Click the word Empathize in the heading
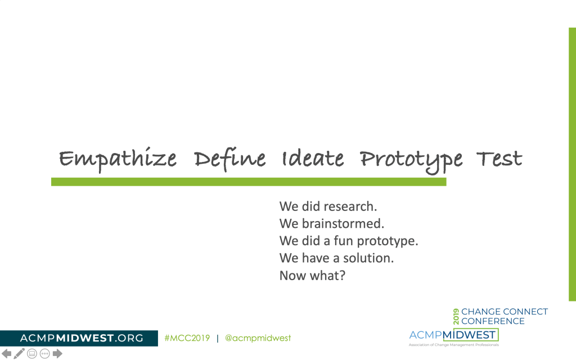point(118,159)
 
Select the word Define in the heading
point(229,159)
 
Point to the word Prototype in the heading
point(411,161)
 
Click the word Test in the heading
point(499,159)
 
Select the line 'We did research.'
point(328,206)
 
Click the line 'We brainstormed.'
point(332,224)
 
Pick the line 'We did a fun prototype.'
point(349,241)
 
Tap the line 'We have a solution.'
point(336,258)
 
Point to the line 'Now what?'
point(312,276)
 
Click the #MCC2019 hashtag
point(187,338)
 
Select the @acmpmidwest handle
point(258,338)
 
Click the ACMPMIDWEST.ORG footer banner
point(79,338)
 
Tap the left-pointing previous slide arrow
point(7,353)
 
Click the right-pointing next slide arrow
point(57,353)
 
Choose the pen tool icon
point(19,353)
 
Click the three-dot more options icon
point(45,354)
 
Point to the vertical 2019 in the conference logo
point(456,316)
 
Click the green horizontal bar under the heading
point(249,182)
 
